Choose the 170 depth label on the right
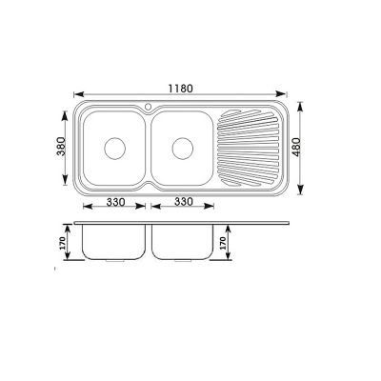coord(226,244)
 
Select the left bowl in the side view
coord(113,244)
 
